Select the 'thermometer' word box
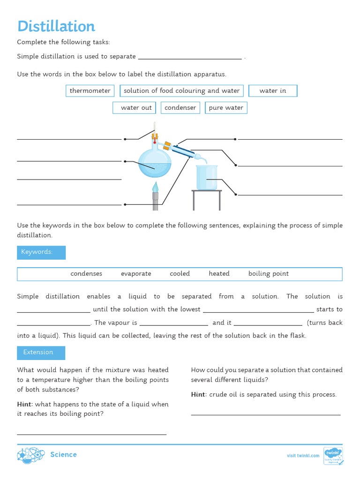[90, 90]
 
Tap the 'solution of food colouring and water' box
[181, 90]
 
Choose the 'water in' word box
[272, 90]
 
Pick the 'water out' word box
[136, 107]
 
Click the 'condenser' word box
[180, 107]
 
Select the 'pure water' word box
[226, 107]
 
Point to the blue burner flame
[155, 186]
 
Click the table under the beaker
[207, 199]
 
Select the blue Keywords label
[41, 252]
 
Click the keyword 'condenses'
[86, 274]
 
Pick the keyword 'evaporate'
[136, 274]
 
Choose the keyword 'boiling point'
[268, 274]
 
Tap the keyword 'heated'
[219, 274]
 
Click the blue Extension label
[41, 352]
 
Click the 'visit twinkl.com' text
[303, 455]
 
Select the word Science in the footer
[63, 455]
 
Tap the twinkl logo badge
[333, 455]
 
